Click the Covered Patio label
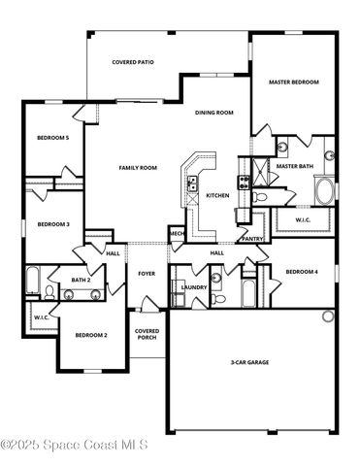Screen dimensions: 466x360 tap(132, 62)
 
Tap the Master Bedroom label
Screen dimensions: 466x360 tap(293, 83)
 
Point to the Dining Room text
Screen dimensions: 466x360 tap(215, 113)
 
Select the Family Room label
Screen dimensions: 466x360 tap(138, 168)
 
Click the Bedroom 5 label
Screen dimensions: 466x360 tap(52, 138)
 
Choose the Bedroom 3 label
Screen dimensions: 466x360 tap(53, 224)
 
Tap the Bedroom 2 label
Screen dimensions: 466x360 tap(91, 334)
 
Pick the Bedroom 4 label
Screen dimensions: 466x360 tap(303, 272)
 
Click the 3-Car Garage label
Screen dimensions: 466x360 tap(249, 362)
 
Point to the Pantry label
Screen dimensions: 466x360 tap(252, 238)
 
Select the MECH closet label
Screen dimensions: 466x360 tap(177, 234)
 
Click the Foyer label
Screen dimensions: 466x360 tap(147, 274)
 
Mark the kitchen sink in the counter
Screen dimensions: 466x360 tap(192, 179)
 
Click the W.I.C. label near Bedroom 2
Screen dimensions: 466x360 tap(42, 317)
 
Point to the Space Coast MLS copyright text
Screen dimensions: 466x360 tap(74, 446)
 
